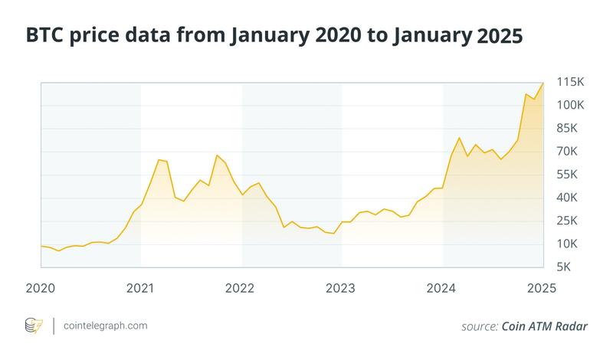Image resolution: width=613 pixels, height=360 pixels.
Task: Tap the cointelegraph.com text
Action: point(106,326)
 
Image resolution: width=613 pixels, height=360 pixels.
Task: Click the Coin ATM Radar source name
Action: point(545,326)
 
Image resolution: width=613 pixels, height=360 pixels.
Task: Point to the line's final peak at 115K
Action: point(543,83)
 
